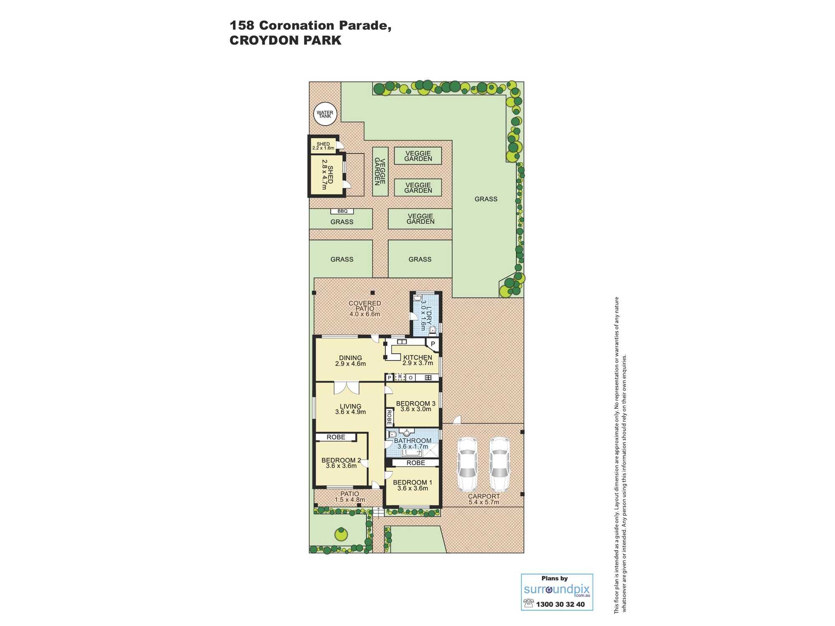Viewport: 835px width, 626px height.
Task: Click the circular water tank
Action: click(325, 114)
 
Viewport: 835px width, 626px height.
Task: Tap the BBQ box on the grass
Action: click(342, 211)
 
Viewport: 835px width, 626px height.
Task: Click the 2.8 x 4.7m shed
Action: click(327, 174)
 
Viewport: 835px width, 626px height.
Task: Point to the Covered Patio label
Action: click(365, 309)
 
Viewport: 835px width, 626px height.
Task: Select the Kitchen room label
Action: click(417, 358)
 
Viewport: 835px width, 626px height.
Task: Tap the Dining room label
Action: click(350, 358)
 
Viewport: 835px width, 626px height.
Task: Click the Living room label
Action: click(350, 406)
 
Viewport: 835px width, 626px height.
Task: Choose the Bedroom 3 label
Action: click(415, 404)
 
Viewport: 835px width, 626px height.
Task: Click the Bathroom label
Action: click(412, 441)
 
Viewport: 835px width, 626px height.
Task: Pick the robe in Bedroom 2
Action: click(336, 437)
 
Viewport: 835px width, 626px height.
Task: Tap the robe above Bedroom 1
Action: click(415, 463)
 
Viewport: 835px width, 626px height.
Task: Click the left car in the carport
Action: click(468, 464)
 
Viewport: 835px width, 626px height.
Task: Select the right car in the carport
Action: click(499, 464)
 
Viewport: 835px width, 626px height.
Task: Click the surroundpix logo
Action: click(557, 590)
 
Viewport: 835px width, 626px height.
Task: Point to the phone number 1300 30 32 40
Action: click(560, 604)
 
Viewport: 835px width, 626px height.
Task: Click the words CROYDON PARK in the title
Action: click(286, 40)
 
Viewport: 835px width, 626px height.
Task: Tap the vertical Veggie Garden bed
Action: click(380, 172)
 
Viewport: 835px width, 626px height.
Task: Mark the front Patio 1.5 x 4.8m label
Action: click(350, 497)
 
